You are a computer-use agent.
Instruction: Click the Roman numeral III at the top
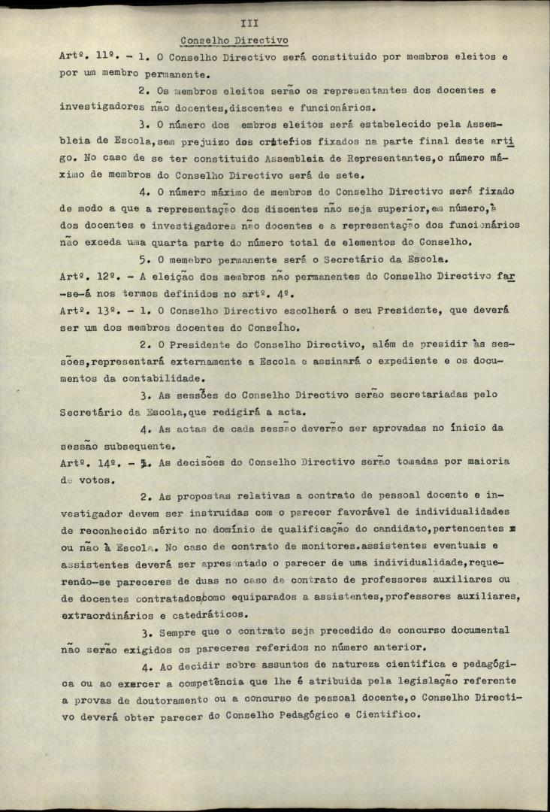pos(249,24)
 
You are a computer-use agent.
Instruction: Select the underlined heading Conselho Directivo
pos(234,41)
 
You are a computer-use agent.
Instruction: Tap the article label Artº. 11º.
pos(83,57)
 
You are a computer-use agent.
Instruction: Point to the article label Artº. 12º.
pos(83,276)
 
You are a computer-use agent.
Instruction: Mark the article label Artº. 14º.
pos(83,462)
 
